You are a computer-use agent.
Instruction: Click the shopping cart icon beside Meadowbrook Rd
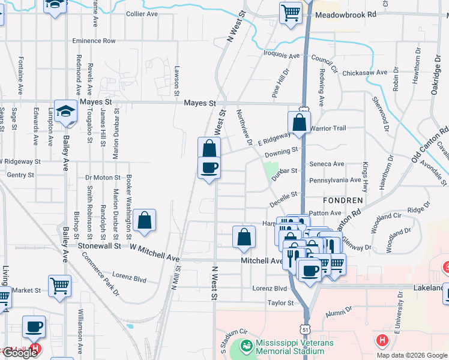291,12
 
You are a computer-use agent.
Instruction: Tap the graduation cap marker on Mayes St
65,110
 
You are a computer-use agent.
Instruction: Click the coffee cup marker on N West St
209,167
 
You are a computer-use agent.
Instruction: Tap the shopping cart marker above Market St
59,286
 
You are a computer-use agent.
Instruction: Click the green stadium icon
246,346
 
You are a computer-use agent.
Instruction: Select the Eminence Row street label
94,41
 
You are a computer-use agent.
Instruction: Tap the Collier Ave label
142,14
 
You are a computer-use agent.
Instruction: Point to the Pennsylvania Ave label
335,180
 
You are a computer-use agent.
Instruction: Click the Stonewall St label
103,245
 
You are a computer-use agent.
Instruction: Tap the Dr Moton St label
103,178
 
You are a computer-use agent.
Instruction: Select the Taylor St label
281,303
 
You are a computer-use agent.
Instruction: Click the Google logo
19,353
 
